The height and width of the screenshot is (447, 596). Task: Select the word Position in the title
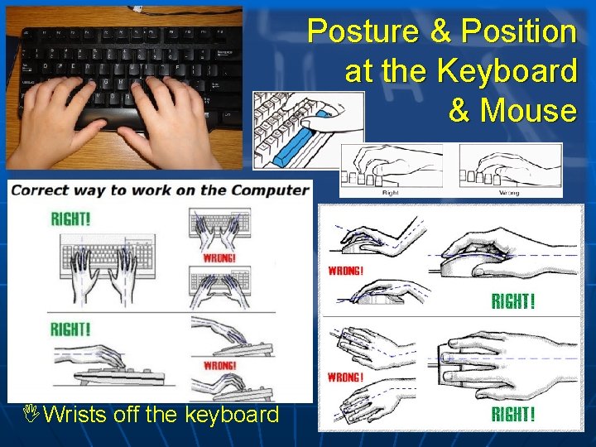(518, 32)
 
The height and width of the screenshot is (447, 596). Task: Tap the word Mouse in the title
(528, 109)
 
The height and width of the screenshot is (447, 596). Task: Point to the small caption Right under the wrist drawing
(390, 192)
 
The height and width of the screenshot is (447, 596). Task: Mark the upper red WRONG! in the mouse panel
(347, 270)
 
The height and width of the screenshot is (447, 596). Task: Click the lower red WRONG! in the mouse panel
(346, 377)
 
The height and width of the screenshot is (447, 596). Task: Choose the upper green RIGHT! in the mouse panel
(513, 301)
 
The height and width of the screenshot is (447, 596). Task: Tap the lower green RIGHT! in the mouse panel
(513, 414)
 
